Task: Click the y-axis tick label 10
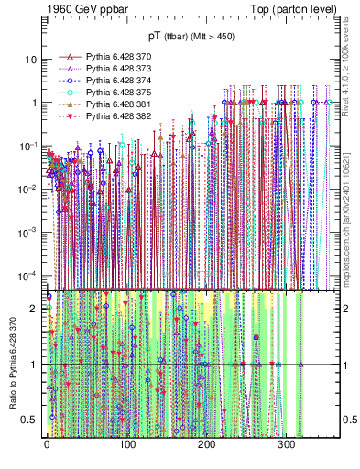[x=31, y=60]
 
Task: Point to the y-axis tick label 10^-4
[x=28, y=276]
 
